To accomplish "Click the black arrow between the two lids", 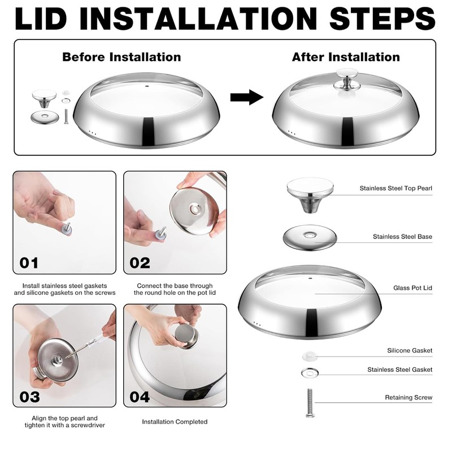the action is pos(247,97).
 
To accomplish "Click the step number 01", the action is pos(29,263).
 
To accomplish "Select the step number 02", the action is pos(140,263).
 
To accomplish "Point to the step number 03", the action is pos(29,397).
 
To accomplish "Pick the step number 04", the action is pos(140,397).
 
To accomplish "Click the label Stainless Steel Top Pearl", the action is pos(396,188).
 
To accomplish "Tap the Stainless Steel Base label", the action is pos(402,237).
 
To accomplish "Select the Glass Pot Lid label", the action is pos(412,288).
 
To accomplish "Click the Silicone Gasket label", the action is pos(410,350).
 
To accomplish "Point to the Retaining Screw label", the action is pos(408,398).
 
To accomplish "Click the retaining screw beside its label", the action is pos(310,403).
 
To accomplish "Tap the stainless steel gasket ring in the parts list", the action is pos(310,373).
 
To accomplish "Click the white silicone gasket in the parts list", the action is pos(309,356).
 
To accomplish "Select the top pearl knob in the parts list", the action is pos(310,195).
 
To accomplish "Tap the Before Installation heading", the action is pos(121,57).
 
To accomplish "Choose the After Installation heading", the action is pos(346,57).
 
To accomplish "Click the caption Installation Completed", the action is pos(175,421).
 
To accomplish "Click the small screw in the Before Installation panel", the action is pos(66,116).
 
